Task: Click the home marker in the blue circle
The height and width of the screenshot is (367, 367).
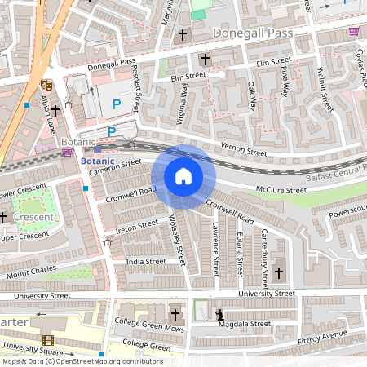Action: pyautogui.click(x=183, y=176)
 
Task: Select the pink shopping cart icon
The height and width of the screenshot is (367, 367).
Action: pyautogui.click(x=354, y=31)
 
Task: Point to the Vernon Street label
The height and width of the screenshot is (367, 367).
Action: pyautogui.click(x=245, y=152)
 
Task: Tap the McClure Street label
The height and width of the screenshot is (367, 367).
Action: pyautogui.click(x=281, y=188)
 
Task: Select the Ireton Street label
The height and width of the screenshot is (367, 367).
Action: pyautogui.click(x=137, y=224)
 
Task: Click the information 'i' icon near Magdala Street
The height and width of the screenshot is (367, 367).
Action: pyautogui.click(x=219, y=314)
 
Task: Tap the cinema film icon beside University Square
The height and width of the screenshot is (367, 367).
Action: pyautogui.click(x=46, y=340)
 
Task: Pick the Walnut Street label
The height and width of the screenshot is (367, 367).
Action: pyautogui.click(x=324, y=90)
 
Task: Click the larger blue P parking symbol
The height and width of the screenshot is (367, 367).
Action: pyautogui.click(x=117, y=105)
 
